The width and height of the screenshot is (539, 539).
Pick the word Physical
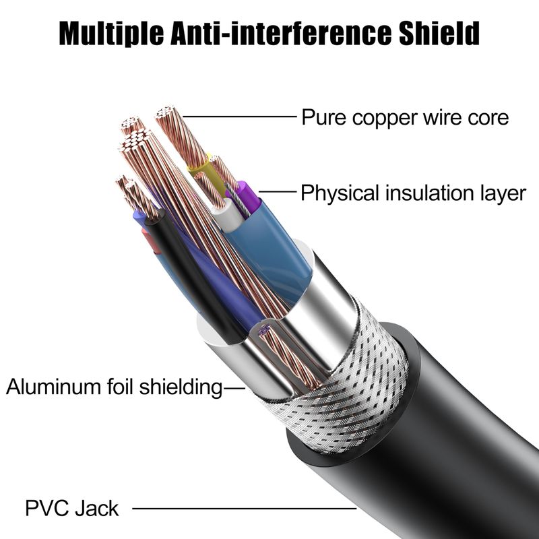click(x=341, y=193)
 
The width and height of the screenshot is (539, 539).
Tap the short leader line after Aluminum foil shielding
click(x=235, y=387)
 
